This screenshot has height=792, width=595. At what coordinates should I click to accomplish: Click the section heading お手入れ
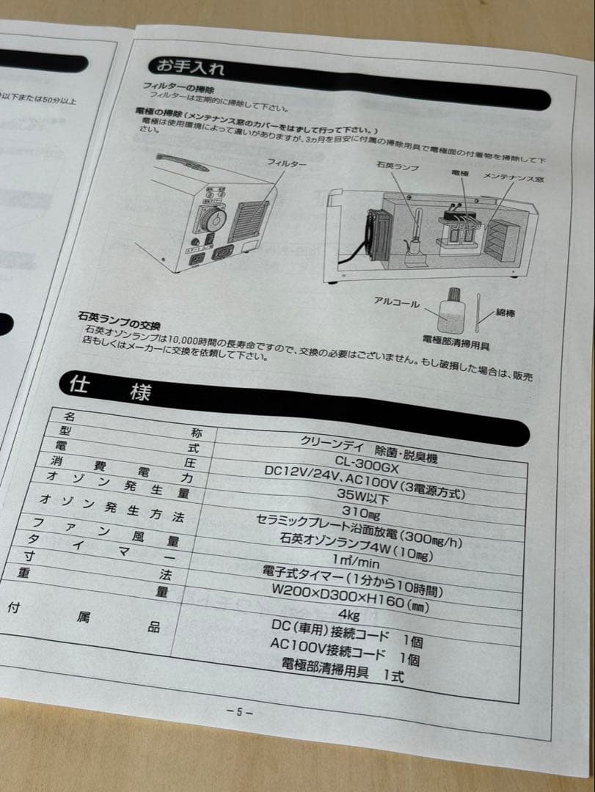coord(186,68)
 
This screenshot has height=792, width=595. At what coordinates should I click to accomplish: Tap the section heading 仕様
coord(110,387)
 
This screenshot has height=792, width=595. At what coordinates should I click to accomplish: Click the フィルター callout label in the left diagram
coord(286,163)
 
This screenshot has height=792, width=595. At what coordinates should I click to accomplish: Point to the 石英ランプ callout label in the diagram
coord(398,168)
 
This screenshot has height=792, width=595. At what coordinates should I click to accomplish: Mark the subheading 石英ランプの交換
coord(119,318)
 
